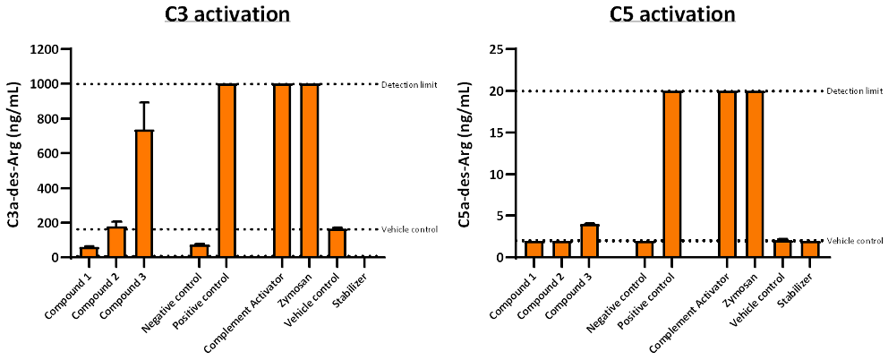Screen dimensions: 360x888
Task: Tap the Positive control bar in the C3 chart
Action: click(227, 170)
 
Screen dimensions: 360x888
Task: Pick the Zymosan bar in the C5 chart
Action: click(755, 174)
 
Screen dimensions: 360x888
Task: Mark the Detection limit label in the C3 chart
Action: click(409, 84)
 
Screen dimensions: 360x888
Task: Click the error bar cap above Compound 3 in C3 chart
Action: click(144, 102)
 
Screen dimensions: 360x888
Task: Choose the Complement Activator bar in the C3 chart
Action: click(282, 170)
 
